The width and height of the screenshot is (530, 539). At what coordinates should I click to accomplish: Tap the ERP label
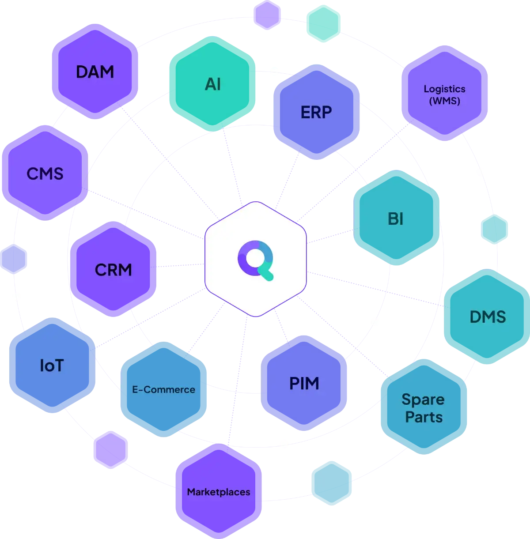(x=316, y=113)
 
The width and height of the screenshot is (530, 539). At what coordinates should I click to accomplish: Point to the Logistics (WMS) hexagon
(x=444, y=94)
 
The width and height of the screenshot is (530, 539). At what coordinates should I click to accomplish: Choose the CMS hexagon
(x=45, y=173)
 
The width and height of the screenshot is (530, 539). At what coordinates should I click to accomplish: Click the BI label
(x=395, y=219)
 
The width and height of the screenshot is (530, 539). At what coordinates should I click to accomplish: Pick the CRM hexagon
(x=113, y=270)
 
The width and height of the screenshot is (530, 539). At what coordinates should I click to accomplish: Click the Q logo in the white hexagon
(x=256, y=260)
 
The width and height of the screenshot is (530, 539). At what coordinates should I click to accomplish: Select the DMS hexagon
(x=487, y=317)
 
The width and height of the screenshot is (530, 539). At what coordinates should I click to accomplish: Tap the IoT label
(x=52, y=366)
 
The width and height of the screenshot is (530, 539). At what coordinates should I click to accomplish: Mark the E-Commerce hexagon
(x=163, y=389)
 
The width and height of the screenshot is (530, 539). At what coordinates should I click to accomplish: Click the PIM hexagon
(x=304, y=383)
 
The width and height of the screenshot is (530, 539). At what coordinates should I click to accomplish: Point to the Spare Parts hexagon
(x=423, y=408)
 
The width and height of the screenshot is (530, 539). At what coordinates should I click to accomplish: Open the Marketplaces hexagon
(x=218, y=492)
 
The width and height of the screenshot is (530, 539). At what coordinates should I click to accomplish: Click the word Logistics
(x=444, y=89)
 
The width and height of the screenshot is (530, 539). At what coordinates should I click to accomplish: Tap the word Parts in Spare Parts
(x=424, y=417)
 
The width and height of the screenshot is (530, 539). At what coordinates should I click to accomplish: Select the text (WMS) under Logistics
(x=444, y=101)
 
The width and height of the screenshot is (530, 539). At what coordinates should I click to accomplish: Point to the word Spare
(x=423, y=400)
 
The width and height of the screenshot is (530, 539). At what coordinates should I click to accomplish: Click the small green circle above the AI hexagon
(x=322, y=21)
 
